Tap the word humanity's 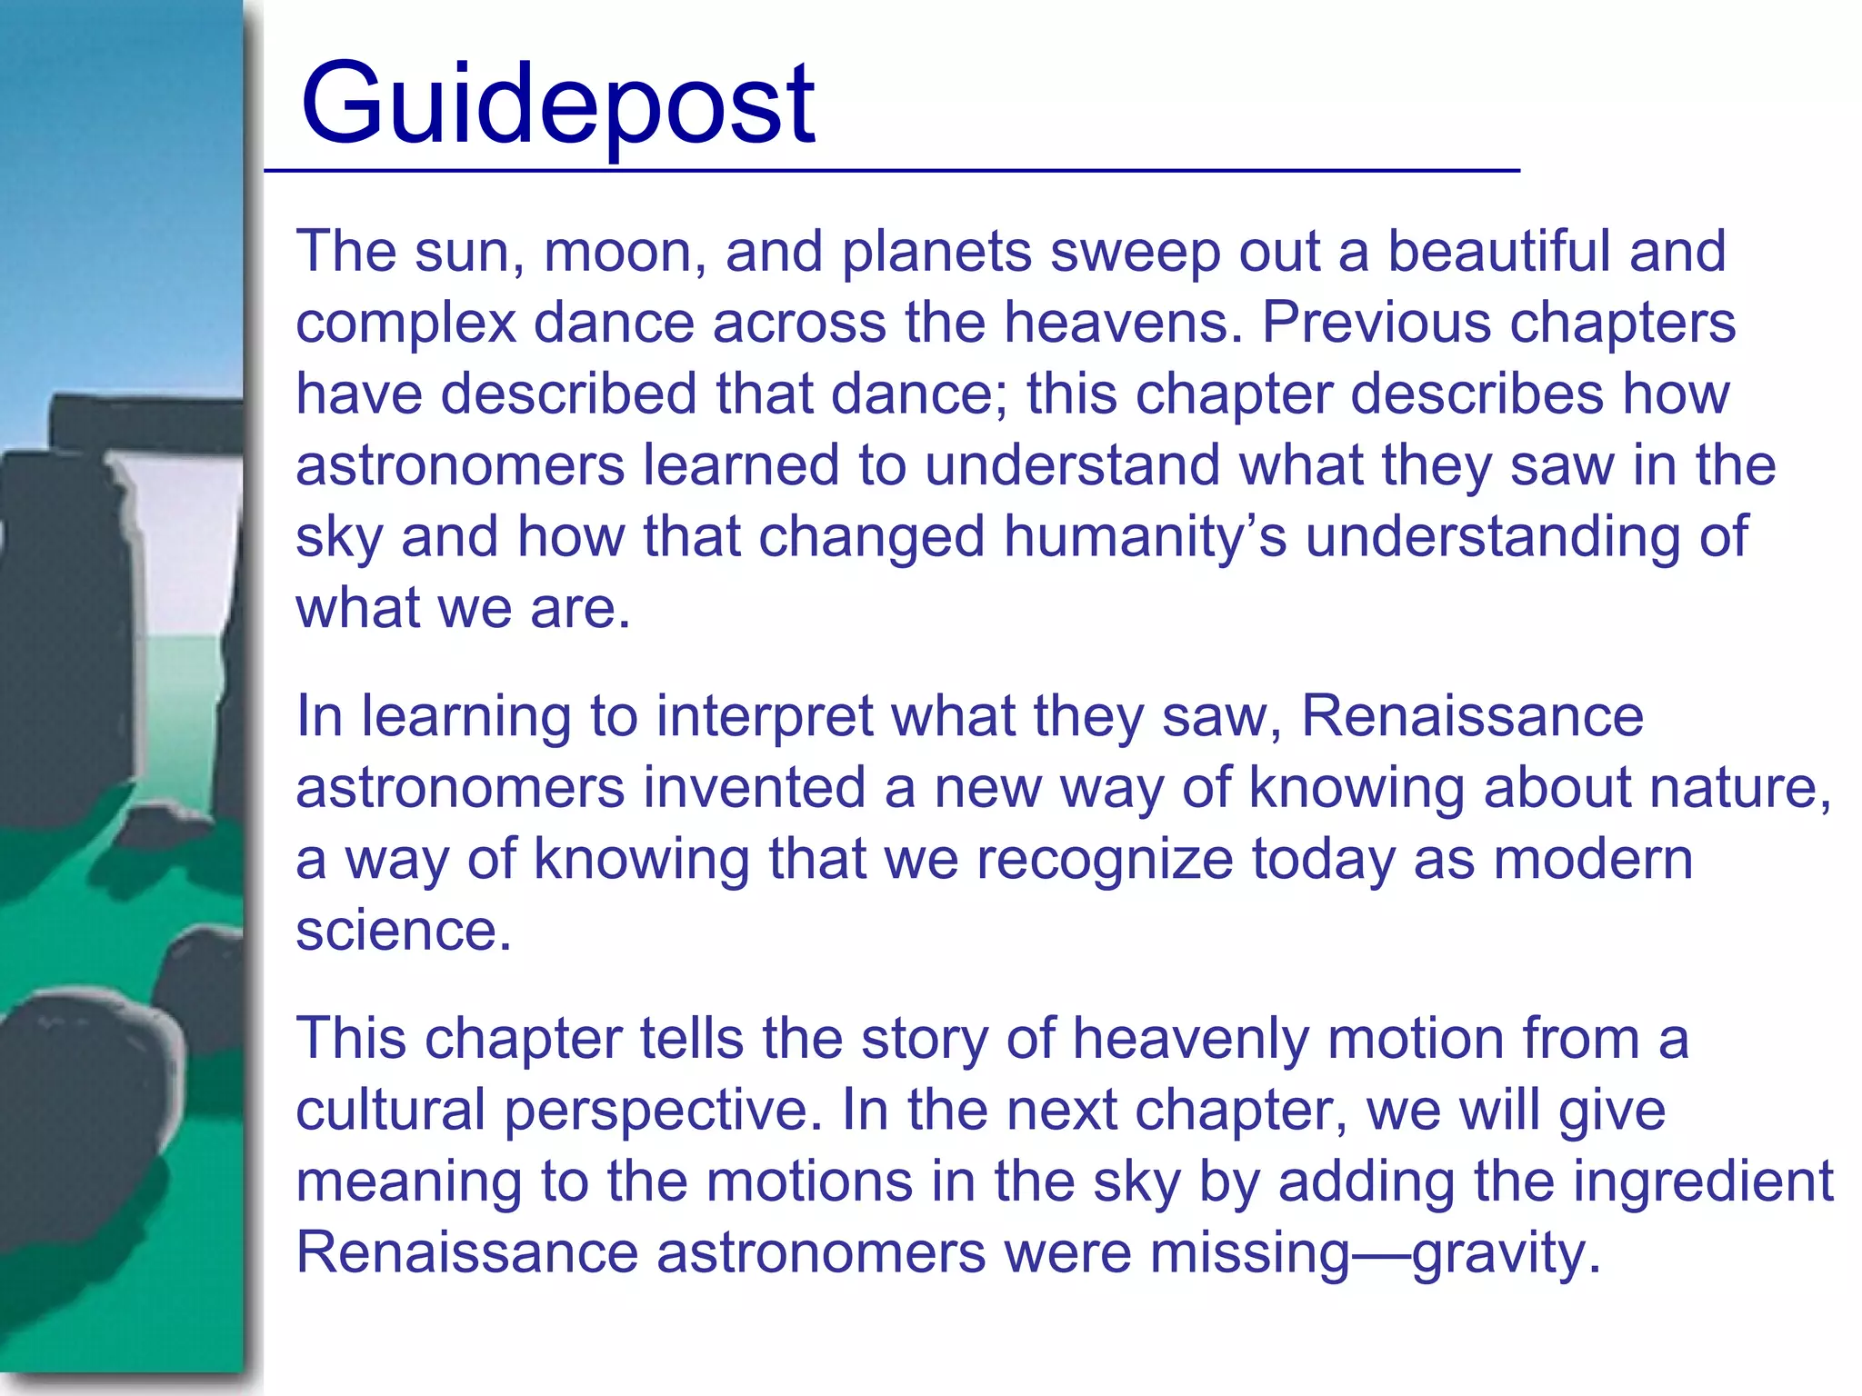tap(1145, 536)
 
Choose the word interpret tap(765, 716)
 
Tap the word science tap(404, 930)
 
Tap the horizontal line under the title tap(891, 170)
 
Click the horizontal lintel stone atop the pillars tap(145, 420)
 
